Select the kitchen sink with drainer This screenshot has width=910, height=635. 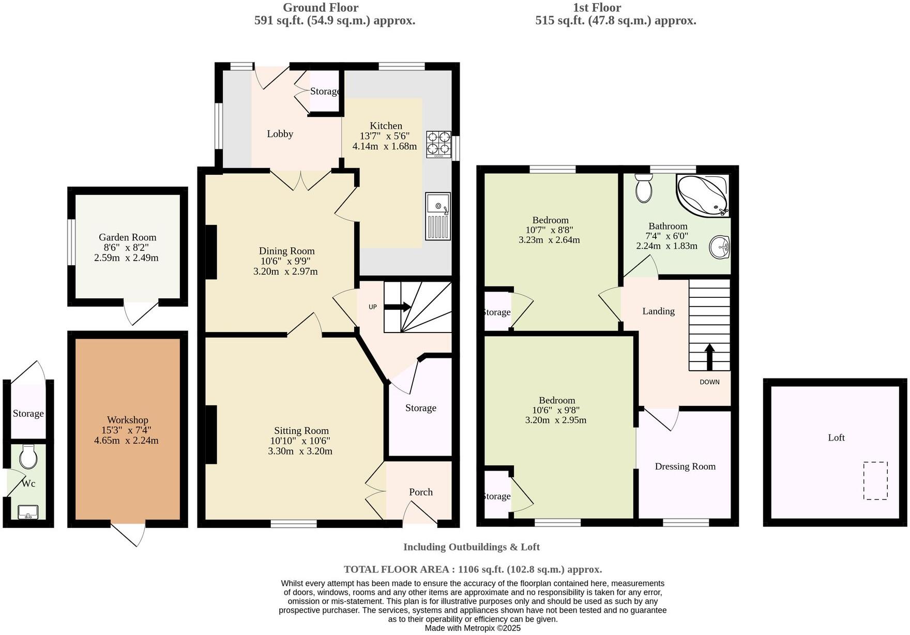click(x=438, y=216)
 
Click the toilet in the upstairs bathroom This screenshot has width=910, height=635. click(x=644, y=188)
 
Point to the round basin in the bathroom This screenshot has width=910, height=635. click(x=719, y=247)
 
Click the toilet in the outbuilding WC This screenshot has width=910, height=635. click(x=28, y=456)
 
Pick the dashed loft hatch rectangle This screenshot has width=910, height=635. click(x=875, y=480)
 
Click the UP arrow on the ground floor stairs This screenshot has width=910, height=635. click(x=397, y=307)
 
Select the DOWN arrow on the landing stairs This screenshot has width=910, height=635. click(x=709, y=357)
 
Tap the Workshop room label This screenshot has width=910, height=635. click(x=127, y=420)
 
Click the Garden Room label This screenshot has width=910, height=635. click(x=127, y=237)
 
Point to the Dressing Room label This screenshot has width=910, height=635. click(x=685, y=466)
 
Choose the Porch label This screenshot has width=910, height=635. click(x=420, y=492)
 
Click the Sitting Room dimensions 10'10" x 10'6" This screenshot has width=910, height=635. click(x=300, y=441)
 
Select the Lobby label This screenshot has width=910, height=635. click(x=280, y=134)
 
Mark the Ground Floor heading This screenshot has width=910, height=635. click(x=320, y=7)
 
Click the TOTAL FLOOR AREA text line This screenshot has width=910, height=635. click(x=473, y=569)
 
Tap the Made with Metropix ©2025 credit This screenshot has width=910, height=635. click(x=473, y=628)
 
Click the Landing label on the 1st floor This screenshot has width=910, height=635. click(x=658, y=311)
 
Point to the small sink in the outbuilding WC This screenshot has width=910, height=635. click(x=28, y=512)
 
